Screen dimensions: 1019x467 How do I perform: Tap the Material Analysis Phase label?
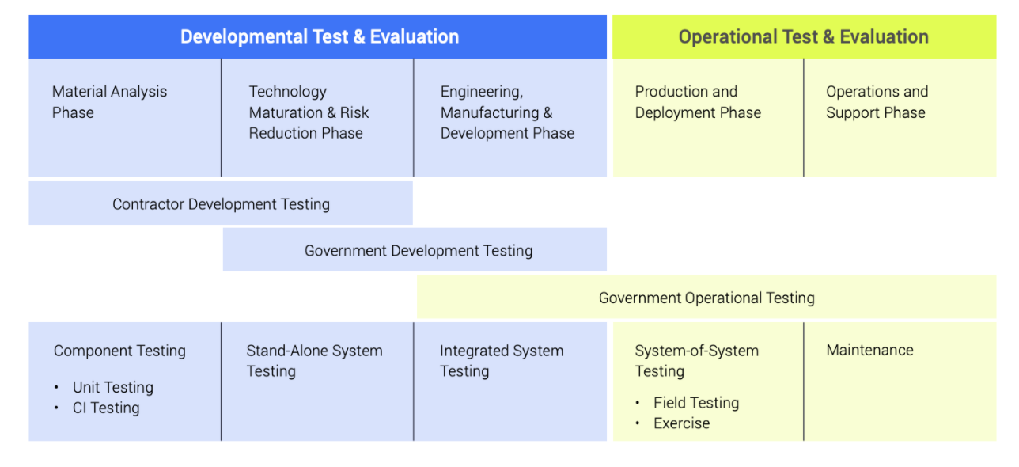[109, 102]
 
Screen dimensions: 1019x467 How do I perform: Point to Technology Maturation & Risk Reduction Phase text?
[309, 112]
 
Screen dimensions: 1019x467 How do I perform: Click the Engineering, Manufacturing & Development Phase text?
[507, 112]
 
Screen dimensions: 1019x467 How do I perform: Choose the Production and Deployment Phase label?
[698, 102]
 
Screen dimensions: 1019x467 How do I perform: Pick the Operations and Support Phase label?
[877, 102]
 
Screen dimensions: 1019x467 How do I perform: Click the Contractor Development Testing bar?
[221, 203]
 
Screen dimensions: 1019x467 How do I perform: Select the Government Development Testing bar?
[415, 250]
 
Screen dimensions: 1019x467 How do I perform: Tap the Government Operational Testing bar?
[707, 297]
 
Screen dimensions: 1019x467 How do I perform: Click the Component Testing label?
[119, 351]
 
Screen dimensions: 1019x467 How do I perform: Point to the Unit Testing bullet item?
[113, 387]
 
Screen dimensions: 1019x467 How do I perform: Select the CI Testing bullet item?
[106, 408]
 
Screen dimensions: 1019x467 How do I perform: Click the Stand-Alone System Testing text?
[314, 361]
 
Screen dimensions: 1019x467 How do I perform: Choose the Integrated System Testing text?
[502, 361]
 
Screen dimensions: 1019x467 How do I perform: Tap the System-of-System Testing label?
[696, 361]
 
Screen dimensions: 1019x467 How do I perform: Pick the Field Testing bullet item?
[696, 403]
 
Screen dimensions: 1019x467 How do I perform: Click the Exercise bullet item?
[681, 423]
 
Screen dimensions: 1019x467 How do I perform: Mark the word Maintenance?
[869, 350]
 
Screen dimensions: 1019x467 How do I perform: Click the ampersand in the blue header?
[359, 37]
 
